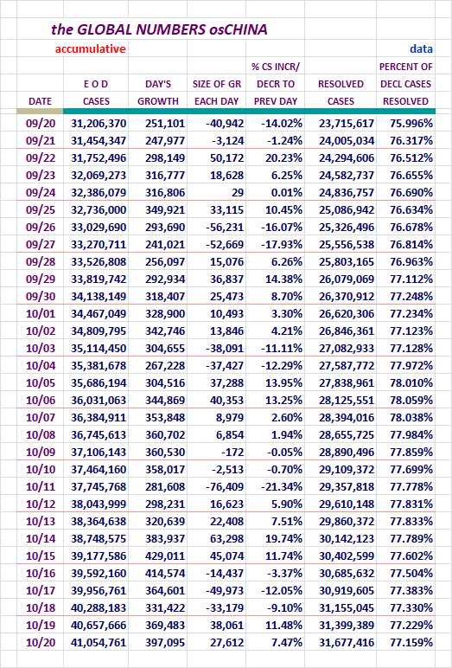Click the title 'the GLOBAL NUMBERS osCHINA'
pyautogui.click(x=159, y=29)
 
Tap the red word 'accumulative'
pyautogui.click(x=90, y=49)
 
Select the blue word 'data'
pyautogui.click(x=421, y=49)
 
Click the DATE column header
pyautogui.click(x=40, y=101)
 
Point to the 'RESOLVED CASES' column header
pyautogui.click(x=341, y=93)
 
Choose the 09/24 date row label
pyautogui.click(x=41, y=193)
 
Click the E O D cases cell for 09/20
pyautogui.click(x=99, y=124)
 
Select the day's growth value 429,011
pyautogui.click(x=165, y=556)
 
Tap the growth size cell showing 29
pyautogui.click(x=238, y=193)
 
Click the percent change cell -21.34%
pyautogui.click(x=282, y=486)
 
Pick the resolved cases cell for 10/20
pyautogui.click(x=347, y=642)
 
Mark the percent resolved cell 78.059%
pyautogui.click(x=411, y=400)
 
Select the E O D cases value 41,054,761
pyautogui.click(x=99, y=642)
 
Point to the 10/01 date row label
pyautogui.click(x=41, y=313)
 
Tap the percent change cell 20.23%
pyautogui.click(x=283, y=158)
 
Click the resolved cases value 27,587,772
pyautogui.click(x=347, y=365)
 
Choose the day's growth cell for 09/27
pyautogui.click(x=165, y=245)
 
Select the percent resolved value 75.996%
pyautogui.click(x=411, y=124)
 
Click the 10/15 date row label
pyautogui.click(x=41, y=556)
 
